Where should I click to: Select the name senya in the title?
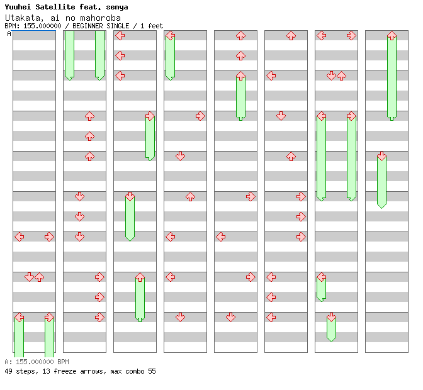pos(116,7)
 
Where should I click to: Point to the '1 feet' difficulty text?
pos(154,26)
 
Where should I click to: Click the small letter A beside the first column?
pos(9,33)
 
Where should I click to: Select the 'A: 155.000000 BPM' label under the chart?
pos(37,362)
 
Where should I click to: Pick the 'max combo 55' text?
pos(132,371)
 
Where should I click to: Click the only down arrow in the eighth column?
pos(381,156)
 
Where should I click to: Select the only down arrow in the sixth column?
pos(281,116)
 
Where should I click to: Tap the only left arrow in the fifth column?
pos(220,237)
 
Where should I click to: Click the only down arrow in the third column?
pos(130,196)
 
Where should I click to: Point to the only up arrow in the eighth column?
pos(392,35)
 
